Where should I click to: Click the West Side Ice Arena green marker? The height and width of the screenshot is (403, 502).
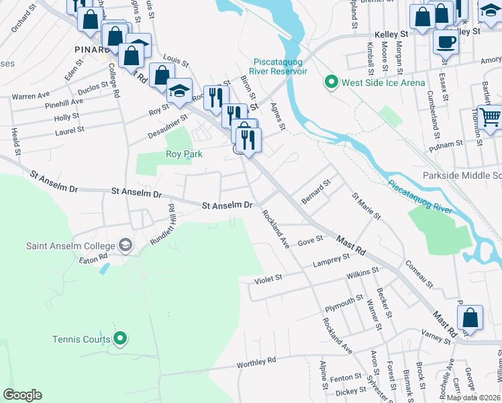[331, 83]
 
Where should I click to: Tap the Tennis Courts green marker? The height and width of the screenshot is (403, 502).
[120, 338]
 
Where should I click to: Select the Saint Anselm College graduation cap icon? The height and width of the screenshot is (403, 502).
[125, 245]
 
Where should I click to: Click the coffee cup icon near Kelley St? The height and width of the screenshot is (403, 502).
[445, 42]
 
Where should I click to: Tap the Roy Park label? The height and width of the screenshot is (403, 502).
[184, 154]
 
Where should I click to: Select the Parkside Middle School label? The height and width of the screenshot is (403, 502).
[462, 175]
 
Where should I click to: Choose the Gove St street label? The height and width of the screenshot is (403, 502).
[310, 240]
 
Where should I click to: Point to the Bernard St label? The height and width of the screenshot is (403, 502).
[316, 191]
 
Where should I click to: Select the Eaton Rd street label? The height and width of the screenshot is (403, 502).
[93, 257]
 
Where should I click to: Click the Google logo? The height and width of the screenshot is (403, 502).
[22, 395]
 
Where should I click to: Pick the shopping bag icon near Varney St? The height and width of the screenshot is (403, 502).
[472, 318]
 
